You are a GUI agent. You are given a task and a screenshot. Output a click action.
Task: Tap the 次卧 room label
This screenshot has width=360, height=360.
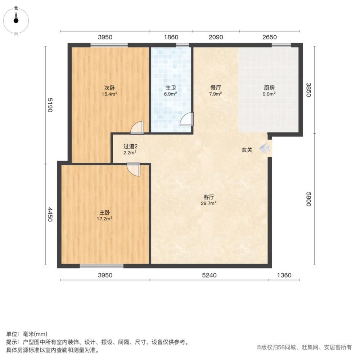(x=110, y=88)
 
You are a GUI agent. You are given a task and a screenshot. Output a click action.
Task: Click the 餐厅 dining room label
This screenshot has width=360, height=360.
(x=216, y=88)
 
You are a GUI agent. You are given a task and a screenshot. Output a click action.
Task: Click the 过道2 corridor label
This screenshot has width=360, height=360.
(x=130, y=147)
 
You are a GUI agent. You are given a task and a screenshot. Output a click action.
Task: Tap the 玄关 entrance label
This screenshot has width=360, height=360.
(x=247, y=150)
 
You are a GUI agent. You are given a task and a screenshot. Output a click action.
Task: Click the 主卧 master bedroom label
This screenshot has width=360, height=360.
(x=105, y=212)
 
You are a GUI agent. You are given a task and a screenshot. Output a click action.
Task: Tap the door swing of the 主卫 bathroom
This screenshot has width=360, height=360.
(x=187, y=119)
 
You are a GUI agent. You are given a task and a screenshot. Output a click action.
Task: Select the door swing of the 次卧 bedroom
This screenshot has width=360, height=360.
(x=138, y=127)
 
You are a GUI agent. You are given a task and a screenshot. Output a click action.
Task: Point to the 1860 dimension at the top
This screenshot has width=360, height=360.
(x=171, y=37)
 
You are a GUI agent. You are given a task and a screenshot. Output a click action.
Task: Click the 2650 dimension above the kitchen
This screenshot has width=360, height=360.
(x=269, y=37)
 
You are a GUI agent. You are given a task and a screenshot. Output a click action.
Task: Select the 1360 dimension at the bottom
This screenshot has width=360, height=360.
(x=284, y=275)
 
